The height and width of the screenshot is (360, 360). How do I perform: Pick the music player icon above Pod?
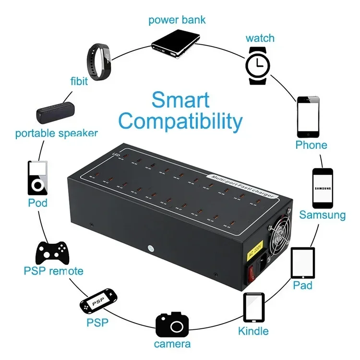click(37, 178)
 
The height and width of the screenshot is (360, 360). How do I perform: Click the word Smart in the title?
click(180, 100)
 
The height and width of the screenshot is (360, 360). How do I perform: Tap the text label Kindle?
click(253, 331)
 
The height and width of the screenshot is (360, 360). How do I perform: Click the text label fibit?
click(79, 81)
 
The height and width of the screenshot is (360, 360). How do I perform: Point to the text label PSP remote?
click(54, 271)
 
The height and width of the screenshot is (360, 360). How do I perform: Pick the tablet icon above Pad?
click(303, 263)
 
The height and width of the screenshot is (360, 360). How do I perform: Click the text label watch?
click(260, 38)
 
